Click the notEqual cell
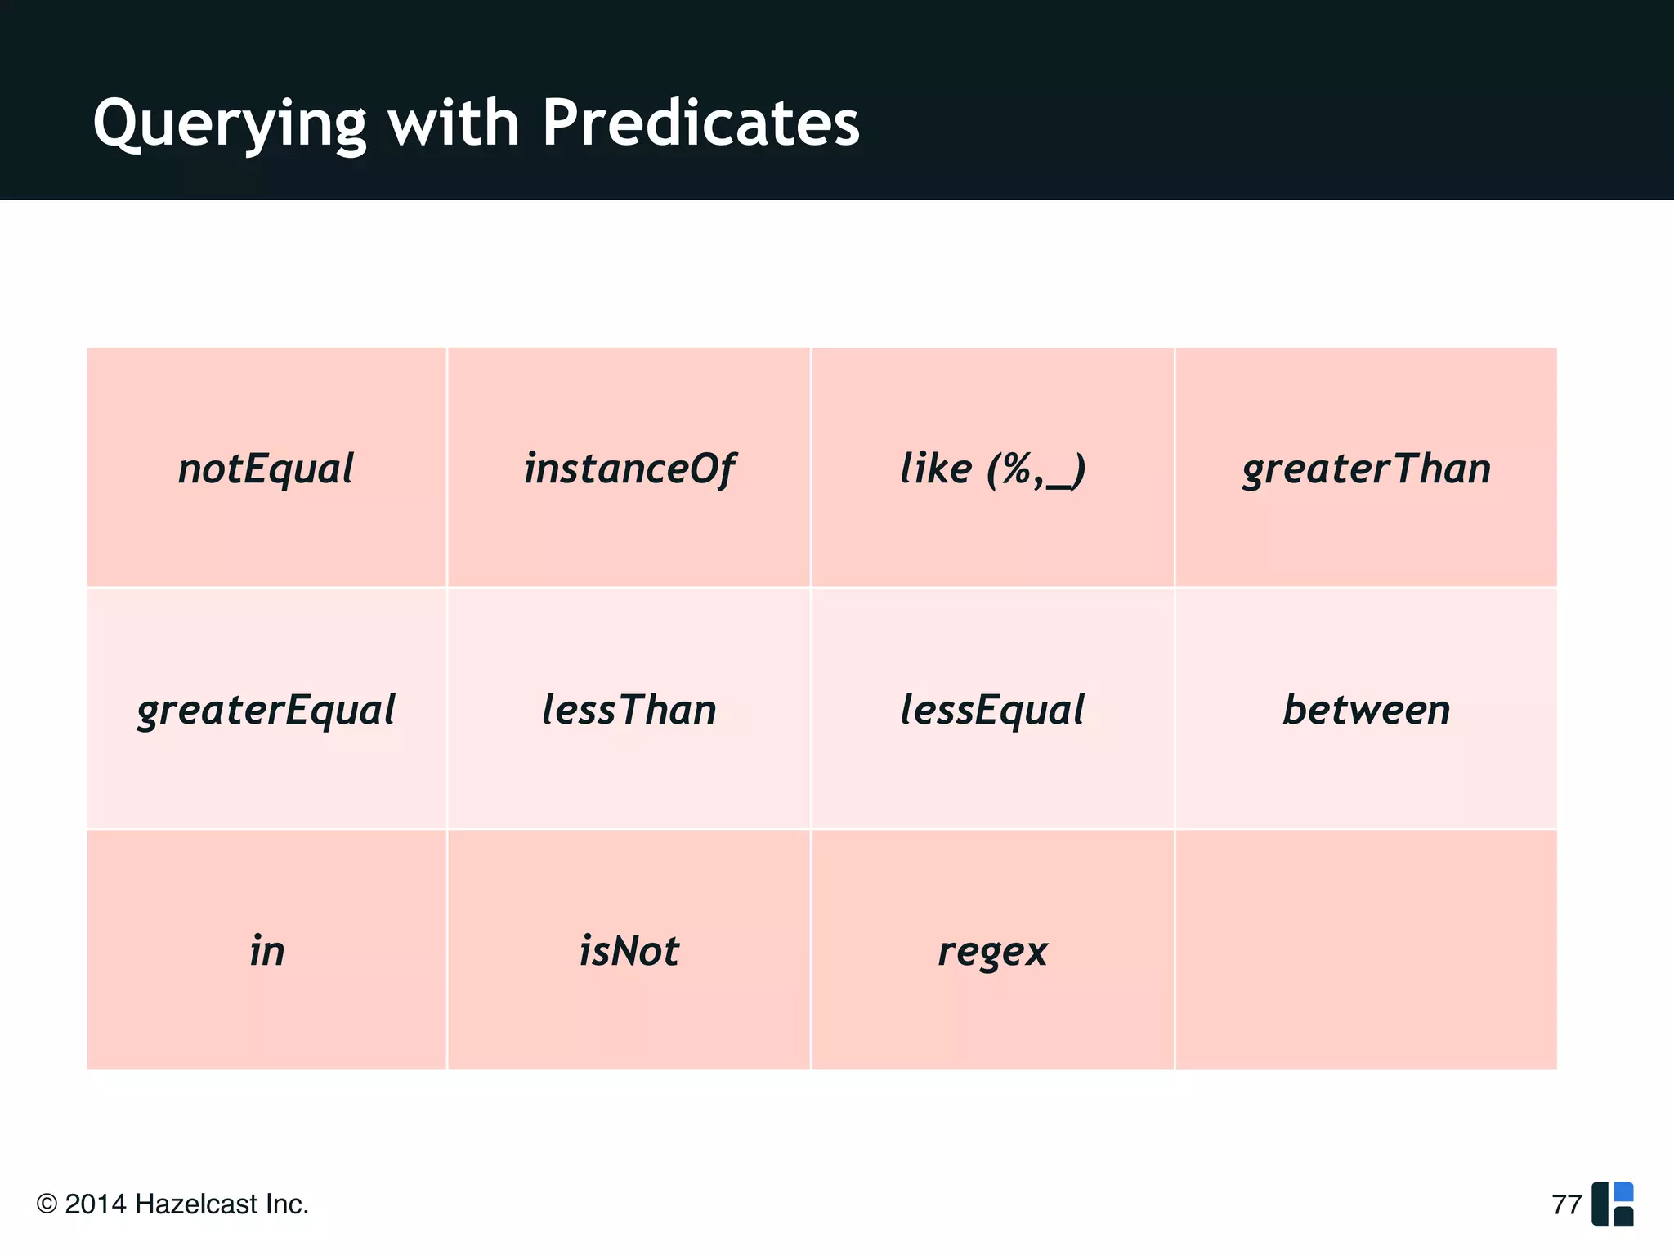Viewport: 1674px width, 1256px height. point(266,469)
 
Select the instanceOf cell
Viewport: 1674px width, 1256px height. point(629,469)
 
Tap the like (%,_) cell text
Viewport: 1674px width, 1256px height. point(992,469)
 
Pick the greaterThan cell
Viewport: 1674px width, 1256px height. point(1366,469)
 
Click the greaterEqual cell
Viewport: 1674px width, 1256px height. point(266,710)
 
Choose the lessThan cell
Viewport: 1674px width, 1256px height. point(629,710)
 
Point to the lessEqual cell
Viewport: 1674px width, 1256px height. point(992,710)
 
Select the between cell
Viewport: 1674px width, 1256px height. point(1366,710)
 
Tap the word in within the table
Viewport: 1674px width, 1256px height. point(266,951)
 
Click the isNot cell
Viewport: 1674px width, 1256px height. point(629,951)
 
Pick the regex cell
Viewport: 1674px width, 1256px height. point(992,951)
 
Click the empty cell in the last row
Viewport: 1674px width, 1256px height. point(1366,949)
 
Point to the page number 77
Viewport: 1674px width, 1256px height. point(1566,1204)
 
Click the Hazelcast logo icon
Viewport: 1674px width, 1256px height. point(1613,1204)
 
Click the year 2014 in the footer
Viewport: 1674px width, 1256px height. point(96,1204)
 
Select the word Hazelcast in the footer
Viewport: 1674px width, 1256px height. point(196,1204)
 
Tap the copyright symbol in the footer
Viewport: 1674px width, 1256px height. point(47,1204)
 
